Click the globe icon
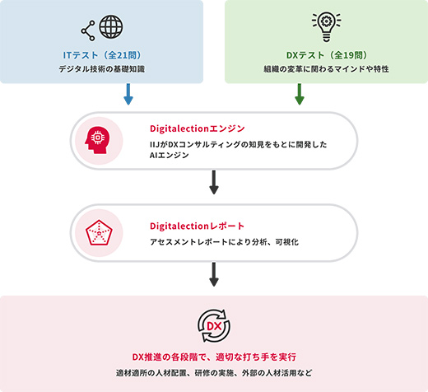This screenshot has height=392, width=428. pos(111,26)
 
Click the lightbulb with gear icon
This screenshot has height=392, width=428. pos(326,26)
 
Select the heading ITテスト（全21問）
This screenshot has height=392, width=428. pos(102,55)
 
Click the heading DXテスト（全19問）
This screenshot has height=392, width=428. pos(327,55)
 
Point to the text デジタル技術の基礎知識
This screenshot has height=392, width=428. pos(102,68)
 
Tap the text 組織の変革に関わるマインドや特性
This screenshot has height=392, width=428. pos(326,68)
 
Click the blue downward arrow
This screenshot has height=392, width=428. pos(128,94)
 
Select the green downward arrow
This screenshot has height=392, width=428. pos(300,94)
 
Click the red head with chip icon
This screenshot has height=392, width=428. pos(97,140)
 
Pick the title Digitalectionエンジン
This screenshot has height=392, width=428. pos(198,128)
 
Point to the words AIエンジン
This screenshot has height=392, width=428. pos(170,156)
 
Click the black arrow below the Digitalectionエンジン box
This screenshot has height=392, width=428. pos(214,182)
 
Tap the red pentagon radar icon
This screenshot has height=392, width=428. pos(99,232)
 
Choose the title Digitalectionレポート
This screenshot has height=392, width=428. pos(197,226)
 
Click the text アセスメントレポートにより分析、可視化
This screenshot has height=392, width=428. pos(224,242)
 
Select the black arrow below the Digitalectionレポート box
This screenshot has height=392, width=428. pos(214,274)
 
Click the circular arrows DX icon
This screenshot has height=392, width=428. pos(214,326)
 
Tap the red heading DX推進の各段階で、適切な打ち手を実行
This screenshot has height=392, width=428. pos(214,357)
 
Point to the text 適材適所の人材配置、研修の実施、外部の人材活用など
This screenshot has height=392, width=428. pos(214,373)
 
